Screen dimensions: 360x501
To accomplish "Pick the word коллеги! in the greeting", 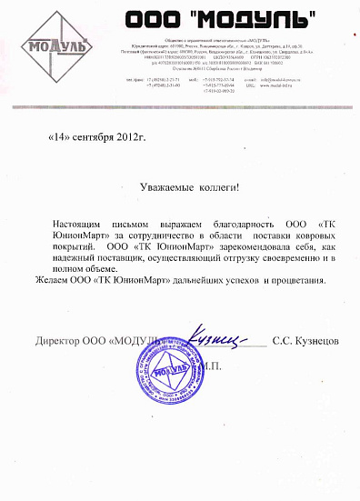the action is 212,187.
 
